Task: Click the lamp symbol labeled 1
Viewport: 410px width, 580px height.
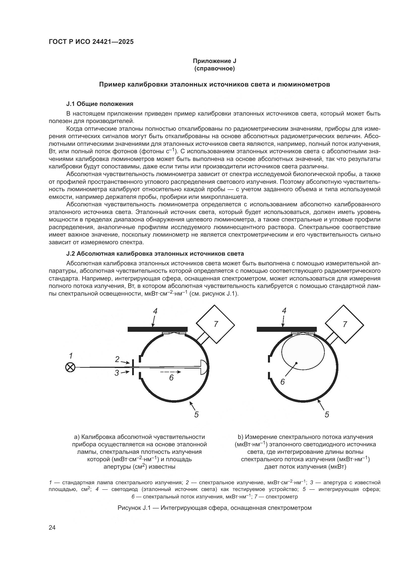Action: pos(70,367)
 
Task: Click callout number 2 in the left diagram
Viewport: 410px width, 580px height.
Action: pos(117,359)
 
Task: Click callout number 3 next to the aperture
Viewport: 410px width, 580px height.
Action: pos(117,373)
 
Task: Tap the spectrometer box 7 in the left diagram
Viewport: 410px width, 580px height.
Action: pos(216,324)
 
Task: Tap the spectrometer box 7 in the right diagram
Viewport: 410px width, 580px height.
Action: pos(344,324)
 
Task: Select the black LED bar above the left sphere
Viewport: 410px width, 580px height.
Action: pos(158,329)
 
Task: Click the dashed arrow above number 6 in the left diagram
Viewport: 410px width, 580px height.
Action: pos(171,372)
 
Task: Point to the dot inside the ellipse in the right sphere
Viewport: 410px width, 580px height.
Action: pos(296,363)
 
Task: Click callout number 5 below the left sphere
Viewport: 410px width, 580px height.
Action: pos(196,415)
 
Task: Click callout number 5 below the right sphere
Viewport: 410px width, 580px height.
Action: pos(327,415)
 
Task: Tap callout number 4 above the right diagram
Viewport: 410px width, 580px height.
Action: pos(284,311)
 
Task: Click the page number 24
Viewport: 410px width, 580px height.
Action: pos(52,528)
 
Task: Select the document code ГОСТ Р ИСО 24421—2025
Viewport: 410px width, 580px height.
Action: pos(91,42)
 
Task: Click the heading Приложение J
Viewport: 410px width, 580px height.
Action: pos(214,61)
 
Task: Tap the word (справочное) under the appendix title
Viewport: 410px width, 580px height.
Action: pos(214,68)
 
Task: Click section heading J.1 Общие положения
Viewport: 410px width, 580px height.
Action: pos(100,104)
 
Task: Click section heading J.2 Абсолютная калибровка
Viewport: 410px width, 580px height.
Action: pos(155,253)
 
